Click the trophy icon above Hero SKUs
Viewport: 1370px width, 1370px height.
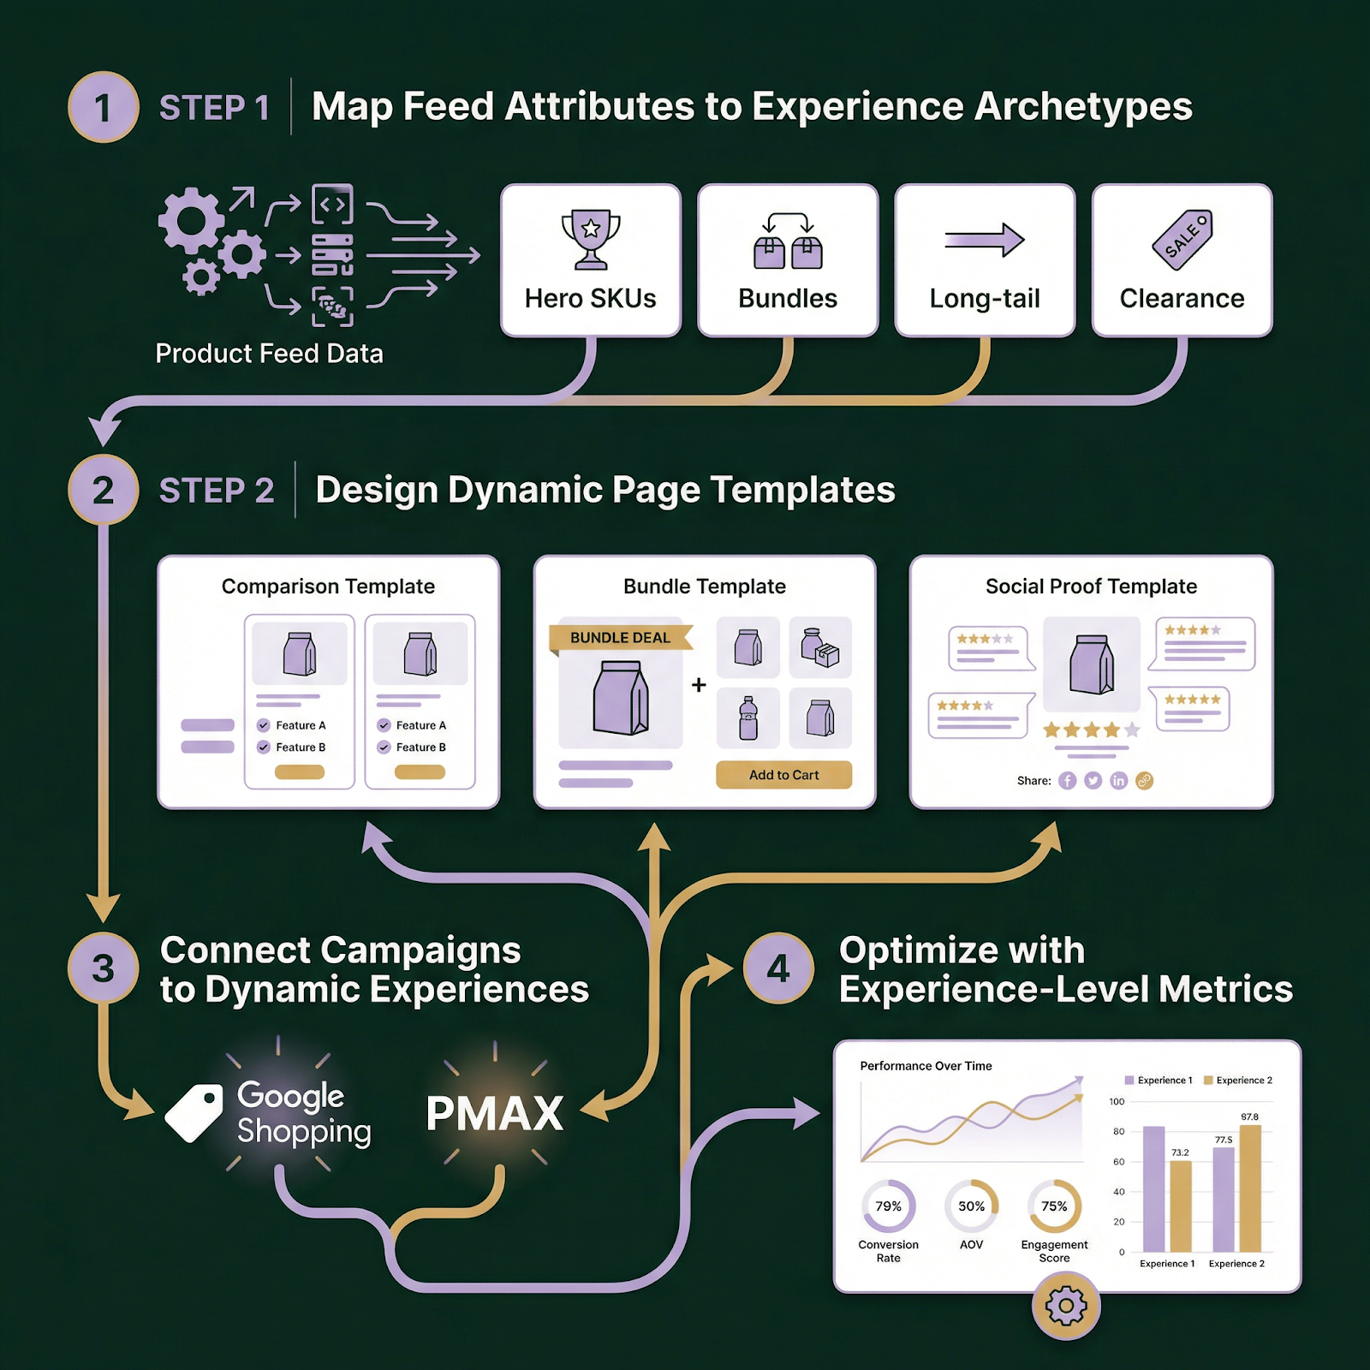click(591, 238)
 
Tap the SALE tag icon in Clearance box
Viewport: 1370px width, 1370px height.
click(1182, 240)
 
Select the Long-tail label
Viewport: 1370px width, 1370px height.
click(985, 299)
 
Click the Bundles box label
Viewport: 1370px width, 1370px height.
click(788, 299)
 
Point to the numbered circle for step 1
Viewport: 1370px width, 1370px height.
click(104, 107)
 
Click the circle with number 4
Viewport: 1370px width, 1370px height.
click(778, 968)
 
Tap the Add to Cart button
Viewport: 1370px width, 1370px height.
click(783, 775)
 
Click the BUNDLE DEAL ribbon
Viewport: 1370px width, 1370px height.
click(620, 638)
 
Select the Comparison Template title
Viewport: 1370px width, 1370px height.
click(328, 587)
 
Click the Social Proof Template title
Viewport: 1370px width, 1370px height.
click(1091, 587)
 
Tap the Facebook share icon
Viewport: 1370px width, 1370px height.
click(1067, 781)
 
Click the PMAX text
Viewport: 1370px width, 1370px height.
click(495, 1114)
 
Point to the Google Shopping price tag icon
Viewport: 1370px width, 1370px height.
click(194, 1112)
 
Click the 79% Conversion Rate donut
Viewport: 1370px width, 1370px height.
click(888, 1206)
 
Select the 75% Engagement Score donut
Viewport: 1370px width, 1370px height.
click(1054, 1206)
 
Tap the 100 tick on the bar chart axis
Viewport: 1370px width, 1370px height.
click(1117, 1102)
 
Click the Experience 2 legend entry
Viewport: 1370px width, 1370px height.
click(1238, 1081)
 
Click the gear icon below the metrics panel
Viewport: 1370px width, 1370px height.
click(1066, 1307)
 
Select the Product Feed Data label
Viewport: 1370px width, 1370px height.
click(269, 354)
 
